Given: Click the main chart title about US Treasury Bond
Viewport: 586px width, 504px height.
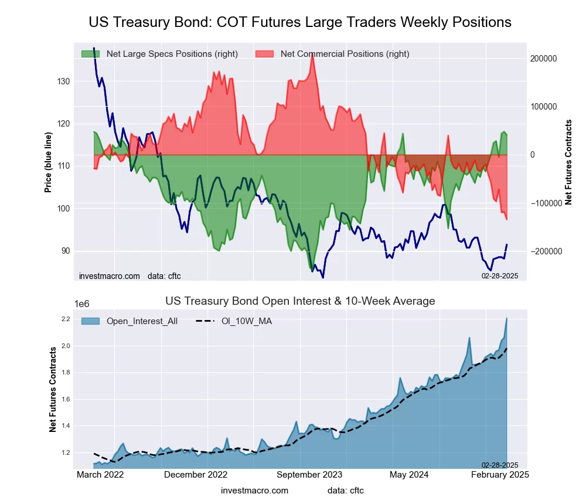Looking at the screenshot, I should (300, 22).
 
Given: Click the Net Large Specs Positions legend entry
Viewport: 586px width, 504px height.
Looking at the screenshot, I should (159, 54).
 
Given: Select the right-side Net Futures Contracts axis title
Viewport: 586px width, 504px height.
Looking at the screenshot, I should (568, 162).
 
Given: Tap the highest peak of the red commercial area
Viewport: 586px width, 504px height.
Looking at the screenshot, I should (312, 53).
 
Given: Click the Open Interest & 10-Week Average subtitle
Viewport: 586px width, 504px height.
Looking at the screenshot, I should (300, 301).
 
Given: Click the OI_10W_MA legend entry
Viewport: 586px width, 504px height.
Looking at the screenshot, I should (240, 321).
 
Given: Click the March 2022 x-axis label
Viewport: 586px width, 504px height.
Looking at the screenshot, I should (100, 475).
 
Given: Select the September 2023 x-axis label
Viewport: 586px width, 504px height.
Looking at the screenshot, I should (309, 475).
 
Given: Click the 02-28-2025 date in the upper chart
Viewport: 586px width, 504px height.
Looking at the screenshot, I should (500, 275).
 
